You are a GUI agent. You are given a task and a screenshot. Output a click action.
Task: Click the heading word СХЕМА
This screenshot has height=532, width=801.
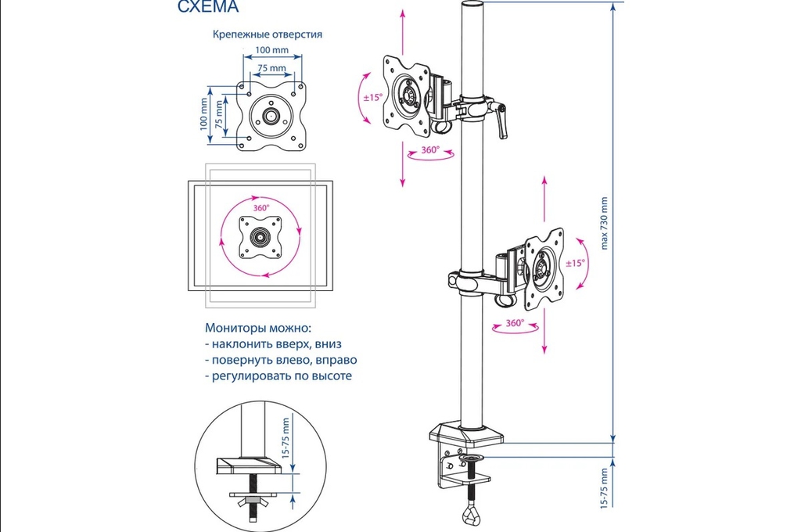pyautogui.click(x=208, y=9)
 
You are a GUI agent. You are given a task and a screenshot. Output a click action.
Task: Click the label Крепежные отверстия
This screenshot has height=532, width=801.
pyautogui.click(x=268, y=34)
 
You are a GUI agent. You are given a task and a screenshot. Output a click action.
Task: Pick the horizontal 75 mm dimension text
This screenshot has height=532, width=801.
pyautogui.click(x=271, y=68)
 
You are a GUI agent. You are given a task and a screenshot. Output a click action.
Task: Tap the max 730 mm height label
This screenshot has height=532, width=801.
pyautogui.click(x=604, y=222)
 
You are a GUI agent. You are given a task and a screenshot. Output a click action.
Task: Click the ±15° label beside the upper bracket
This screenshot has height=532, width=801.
pyautogui.click(x=372, y=98)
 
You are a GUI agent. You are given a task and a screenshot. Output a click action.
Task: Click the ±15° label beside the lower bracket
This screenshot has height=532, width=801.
pyautogui.click(x=574, y=264)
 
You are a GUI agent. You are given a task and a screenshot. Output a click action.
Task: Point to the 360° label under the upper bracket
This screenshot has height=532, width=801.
pyautogui.click(x=429, y=149)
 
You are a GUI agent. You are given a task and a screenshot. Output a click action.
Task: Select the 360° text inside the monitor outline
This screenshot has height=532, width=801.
pyautogui.click(x=261, y=208)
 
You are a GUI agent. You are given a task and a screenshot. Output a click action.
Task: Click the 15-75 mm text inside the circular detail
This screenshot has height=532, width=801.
pyautogui.click(x=286, y=441)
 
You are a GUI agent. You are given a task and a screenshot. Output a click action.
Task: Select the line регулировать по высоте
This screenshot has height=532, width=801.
pyautogui.click(x=278, y=376)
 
